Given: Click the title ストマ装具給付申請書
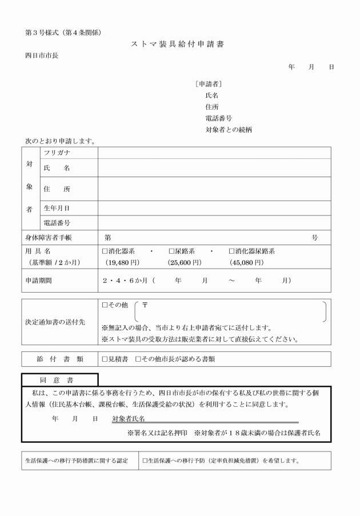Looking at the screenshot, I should tap(179, 45).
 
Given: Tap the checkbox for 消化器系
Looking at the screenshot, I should tap(105, 251).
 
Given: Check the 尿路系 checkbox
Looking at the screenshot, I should tap(171, 251).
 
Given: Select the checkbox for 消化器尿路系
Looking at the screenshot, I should tap(232, 251).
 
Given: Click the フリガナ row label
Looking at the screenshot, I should tap(57, 153).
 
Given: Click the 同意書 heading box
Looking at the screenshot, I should tap(59, 379).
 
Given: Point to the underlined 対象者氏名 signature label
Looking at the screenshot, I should tap(128, 418).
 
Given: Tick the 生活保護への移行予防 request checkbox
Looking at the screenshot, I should tap(145, 460).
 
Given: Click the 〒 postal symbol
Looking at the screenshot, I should tap(145, 306).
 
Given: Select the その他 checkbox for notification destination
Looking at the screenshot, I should tap(105, 306).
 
